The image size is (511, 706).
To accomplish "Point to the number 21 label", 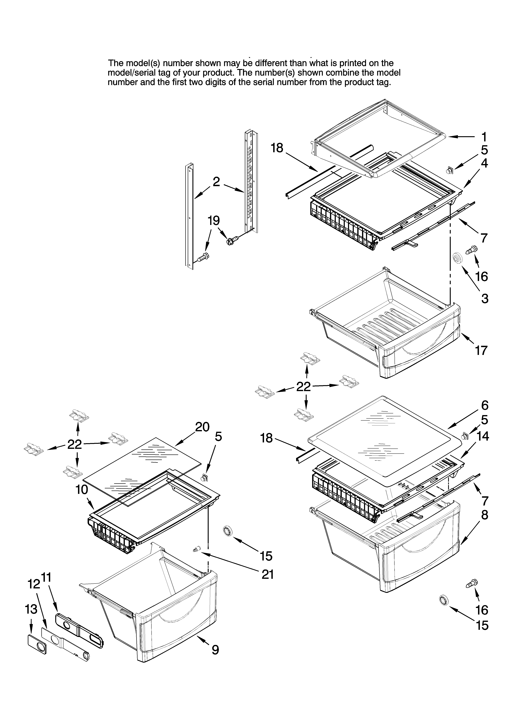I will tap(268, 574).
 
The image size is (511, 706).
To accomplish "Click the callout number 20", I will tap(202, 427).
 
